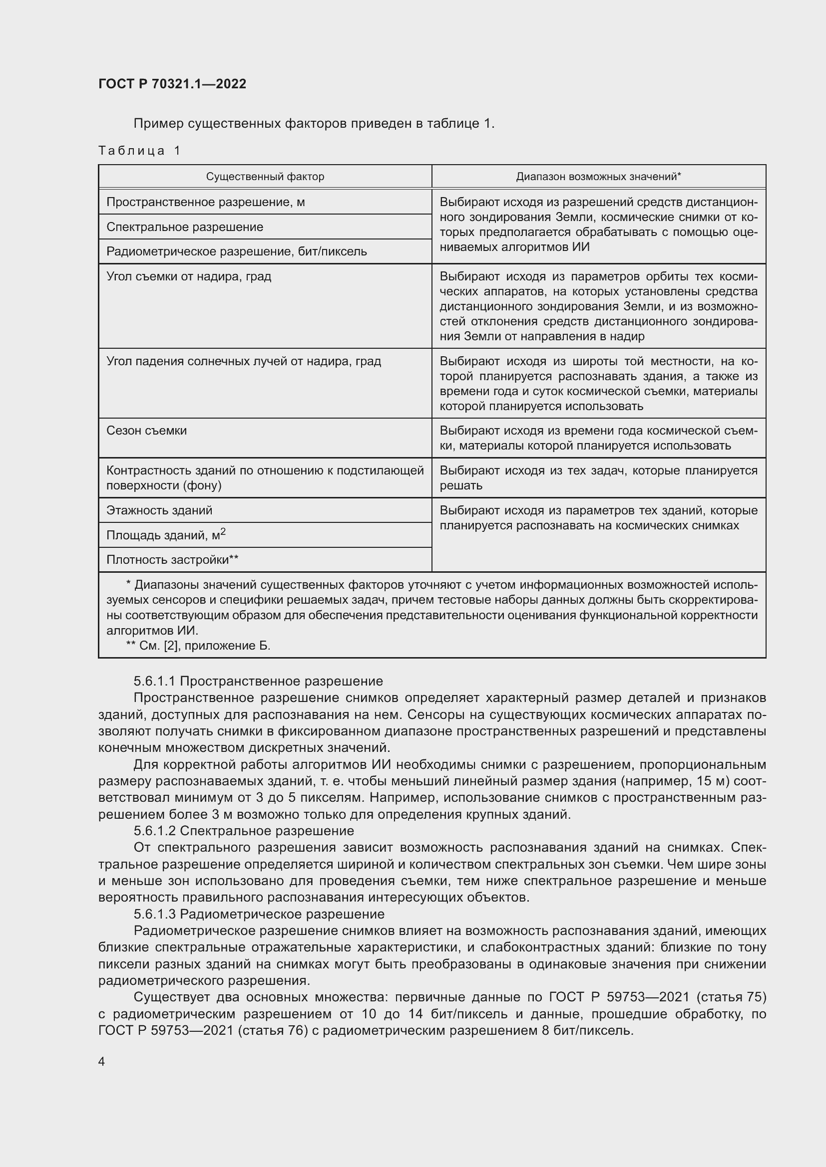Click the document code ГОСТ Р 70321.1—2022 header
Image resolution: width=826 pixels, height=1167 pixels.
172,84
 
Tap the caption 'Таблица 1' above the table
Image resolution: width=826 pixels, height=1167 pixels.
139,151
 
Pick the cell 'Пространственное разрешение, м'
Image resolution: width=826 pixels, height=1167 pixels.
205,202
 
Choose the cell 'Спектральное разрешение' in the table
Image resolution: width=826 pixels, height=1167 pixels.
185,227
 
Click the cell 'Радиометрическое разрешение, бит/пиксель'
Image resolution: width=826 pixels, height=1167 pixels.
237,251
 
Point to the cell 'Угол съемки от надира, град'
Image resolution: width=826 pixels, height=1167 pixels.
189,276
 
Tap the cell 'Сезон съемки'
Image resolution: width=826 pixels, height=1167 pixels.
146,431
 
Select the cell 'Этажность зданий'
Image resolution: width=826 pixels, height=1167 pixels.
159,510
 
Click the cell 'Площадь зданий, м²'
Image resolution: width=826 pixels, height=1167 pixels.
166,535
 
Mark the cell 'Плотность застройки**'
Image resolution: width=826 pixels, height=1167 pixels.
172,560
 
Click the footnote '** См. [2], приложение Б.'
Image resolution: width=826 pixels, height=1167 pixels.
198,646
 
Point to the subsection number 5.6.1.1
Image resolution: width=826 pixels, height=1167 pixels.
155,681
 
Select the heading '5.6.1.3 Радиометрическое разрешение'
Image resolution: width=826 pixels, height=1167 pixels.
259,914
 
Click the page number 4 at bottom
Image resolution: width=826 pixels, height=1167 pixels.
102,1062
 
